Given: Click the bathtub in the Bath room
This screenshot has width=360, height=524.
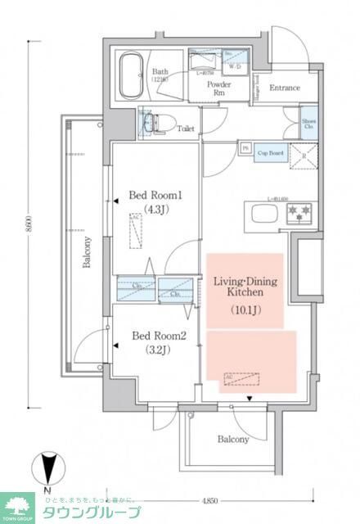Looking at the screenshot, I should [132, 76].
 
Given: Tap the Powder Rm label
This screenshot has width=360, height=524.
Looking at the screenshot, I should [218, 87].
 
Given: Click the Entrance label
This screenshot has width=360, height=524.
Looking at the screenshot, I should [285, 88].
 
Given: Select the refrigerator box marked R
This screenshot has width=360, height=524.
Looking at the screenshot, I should [303, 155].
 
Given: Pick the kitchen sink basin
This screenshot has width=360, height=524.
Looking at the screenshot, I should [266, 215].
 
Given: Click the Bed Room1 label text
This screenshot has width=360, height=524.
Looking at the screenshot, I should [155, 196].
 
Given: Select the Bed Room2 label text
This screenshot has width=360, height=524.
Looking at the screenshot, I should [155, 336].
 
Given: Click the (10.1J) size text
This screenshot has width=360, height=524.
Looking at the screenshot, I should [244, 310].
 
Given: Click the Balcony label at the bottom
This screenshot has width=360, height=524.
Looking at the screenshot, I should [233, 440].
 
